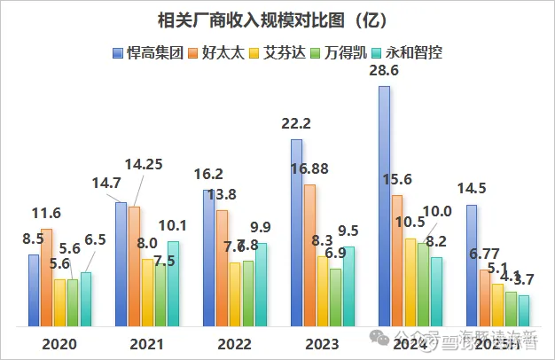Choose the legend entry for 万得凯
click(x=347, y=52)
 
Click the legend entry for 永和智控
click(x=410, y=52)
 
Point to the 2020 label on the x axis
click(x=59, y=343)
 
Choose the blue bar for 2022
click(x=209, y=257)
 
